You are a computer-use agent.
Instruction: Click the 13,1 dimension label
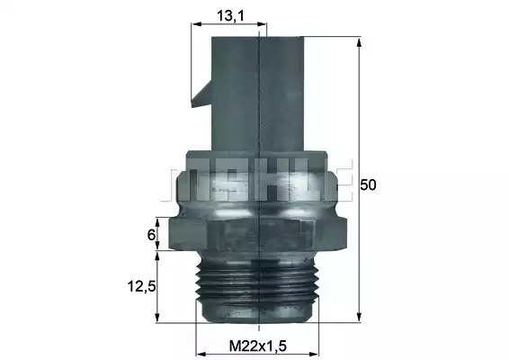(230, 15)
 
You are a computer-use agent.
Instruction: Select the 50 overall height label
(368, 184)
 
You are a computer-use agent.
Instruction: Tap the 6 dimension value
(151, 235)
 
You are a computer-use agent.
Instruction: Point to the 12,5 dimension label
(142, 286)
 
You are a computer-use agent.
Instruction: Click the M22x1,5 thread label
(258, 346)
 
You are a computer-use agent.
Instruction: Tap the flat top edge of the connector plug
(258, 37)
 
